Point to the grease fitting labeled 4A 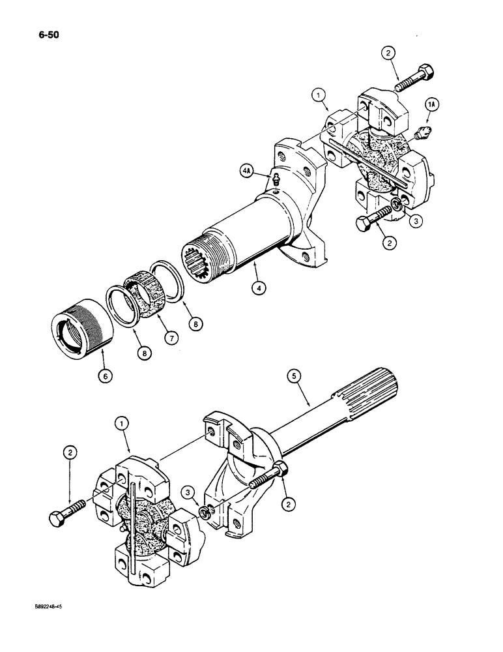(x=276, y=179)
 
